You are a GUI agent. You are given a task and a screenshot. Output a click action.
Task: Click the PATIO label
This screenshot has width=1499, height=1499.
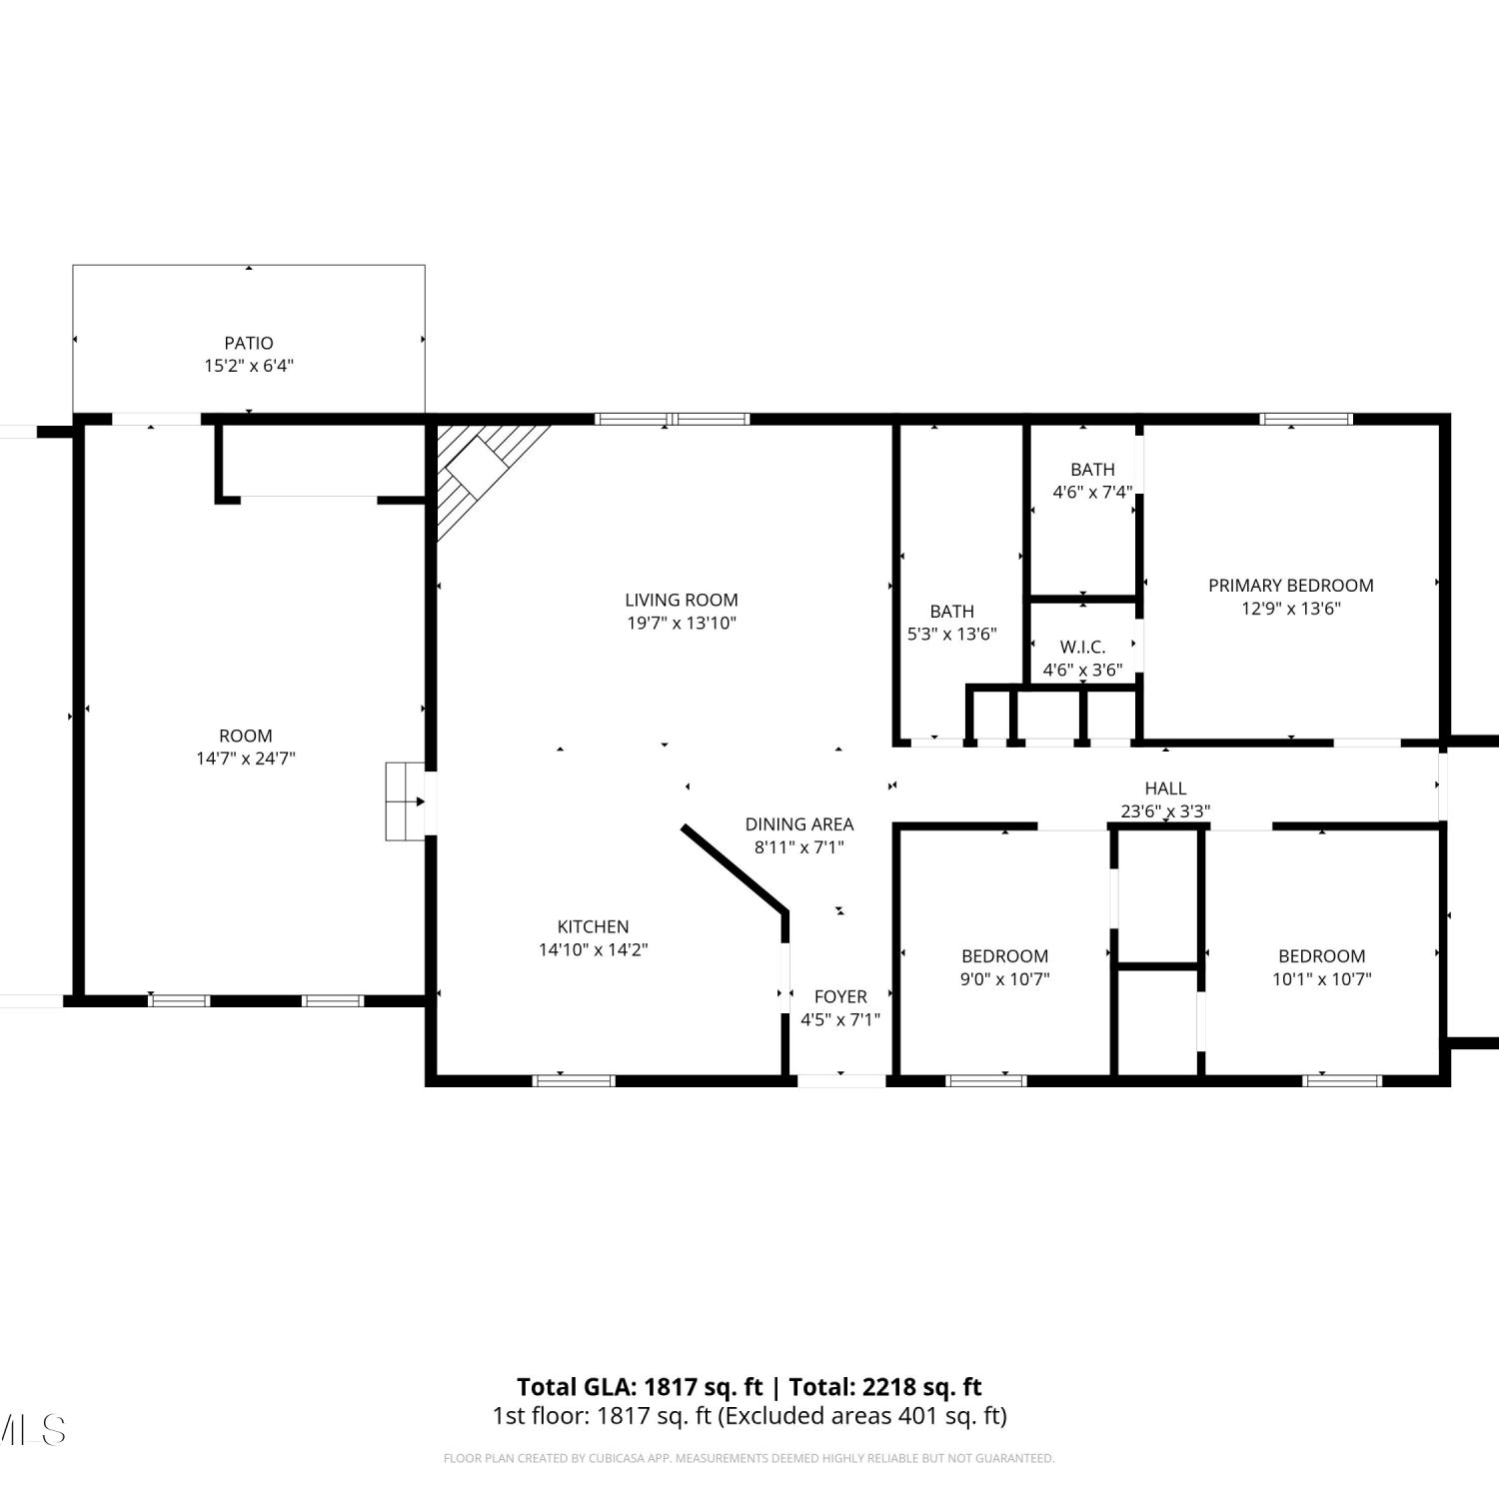point(249,343)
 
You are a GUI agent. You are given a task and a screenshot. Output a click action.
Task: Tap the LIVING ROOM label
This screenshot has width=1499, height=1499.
point(682,600)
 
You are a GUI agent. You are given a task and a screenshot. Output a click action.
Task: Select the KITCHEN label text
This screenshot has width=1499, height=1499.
point(594,926)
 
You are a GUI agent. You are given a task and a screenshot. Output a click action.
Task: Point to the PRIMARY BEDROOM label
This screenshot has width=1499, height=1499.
point(1291,585)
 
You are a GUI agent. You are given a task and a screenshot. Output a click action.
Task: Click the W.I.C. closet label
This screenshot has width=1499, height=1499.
point(1083,647)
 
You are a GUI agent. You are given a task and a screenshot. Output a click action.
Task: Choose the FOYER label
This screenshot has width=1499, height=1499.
point(840,996)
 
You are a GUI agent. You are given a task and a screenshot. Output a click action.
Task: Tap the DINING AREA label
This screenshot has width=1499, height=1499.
point(799,824)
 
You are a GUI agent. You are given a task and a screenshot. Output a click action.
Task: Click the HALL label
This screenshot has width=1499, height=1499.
point(1166,788)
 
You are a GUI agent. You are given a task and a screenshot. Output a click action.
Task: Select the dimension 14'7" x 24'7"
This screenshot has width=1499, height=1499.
point(246,758)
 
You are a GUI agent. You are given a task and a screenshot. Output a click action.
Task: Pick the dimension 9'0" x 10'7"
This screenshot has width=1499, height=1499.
point(1005,979)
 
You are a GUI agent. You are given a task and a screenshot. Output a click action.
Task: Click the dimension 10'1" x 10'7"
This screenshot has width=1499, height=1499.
point(1322,979)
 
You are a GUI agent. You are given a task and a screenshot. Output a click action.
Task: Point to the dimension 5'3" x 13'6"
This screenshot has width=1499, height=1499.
point(952,634)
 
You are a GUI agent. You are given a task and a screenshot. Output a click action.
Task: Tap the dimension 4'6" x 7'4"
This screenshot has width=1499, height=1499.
point(1093,492)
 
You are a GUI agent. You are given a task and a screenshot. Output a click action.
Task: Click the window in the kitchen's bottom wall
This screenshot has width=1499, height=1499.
point(574,1080)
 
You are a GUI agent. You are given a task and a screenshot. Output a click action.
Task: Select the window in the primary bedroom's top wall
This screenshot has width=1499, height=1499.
point(1306,419)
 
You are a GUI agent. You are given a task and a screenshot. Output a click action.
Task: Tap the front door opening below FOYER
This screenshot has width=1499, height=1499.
point(841,1080)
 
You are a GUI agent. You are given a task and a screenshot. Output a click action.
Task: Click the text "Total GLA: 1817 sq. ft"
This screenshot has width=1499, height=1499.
point(640,1387)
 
